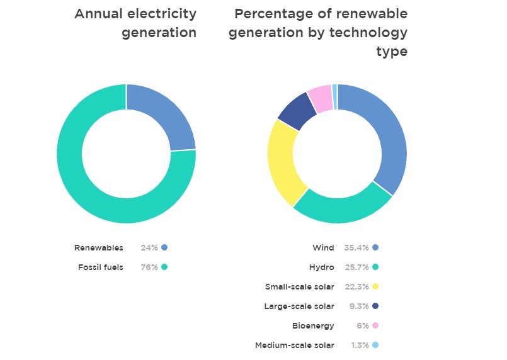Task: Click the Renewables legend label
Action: [99, 248]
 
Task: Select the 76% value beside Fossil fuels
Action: [149, 267]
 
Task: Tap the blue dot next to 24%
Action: [164, 248]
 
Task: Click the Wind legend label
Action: [323, 248]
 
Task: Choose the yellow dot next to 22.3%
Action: [375, 287]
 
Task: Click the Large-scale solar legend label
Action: [300, 307]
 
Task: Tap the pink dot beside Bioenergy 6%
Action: [375, 326]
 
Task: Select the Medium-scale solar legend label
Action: [295, 346]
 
